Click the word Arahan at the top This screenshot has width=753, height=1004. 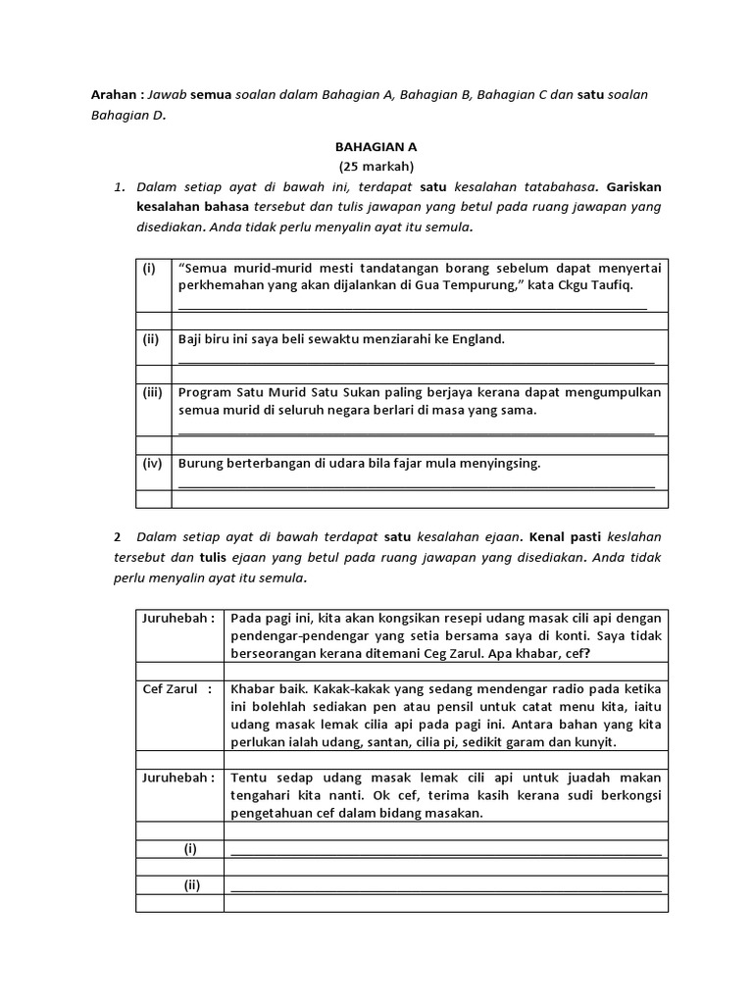(x=109, y=94)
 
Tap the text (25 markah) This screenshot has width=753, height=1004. (x=376, y=165)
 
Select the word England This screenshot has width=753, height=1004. (x=472, y=339)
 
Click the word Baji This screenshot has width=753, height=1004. (x=191, y=339)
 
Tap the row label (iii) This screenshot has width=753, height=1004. (x=152, y=392)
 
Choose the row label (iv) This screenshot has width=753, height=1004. (x=152, y=464)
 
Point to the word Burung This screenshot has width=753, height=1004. (x=201, y=464)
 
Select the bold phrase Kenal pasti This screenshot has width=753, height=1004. (x=566, y=537)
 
